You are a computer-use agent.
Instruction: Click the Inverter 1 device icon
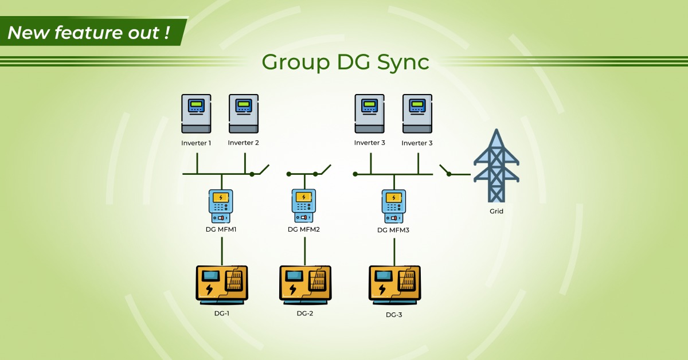[x=196, y=114]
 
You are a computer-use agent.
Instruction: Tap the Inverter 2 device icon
[x=244, y=114]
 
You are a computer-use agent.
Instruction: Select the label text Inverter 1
[x=196, y=143]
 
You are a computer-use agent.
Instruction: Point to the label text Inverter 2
[x=244, y=143]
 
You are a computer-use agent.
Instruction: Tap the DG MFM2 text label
[x=304, y=229]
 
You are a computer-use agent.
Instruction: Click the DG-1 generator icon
[x=222, y=283]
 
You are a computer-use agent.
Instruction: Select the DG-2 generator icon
[x=304, y=283]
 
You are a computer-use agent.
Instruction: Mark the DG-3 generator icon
[x=394, y=283]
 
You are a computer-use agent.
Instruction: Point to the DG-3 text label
[x=394, y=315]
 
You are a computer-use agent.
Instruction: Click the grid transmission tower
[x=496, y=166]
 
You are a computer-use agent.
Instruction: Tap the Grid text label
[x=497, y=212]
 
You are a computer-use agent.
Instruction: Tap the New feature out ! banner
[x=89, y=33]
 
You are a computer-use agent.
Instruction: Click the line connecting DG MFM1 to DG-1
[x=222, y=250]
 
